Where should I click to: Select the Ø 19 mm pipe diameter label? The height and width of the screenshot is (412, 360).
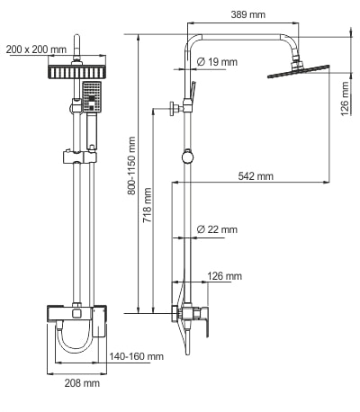point(216,62)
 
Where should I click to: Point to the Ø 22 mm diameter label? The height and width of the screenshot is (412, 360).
point(216,230)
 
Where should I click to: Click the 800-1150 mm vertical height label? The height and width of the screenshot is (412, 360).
point(131,166)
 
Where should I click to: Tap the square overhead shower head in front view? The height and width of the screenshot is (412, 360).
point(78,71)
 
